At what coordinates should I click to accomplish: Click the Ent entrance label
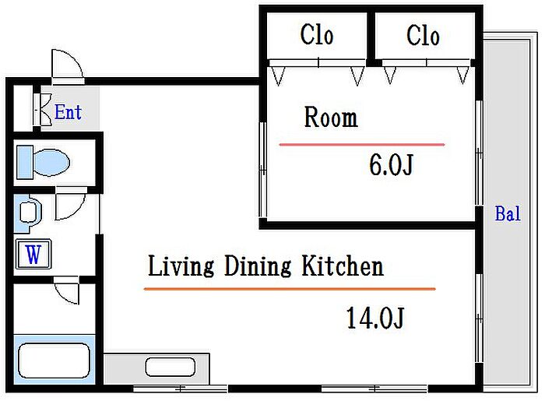(x=69, y=112)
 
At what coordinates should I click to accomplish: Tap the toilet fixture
(x=43, y=163)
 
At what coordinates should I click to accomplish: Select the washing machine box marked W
(x=33, y=254)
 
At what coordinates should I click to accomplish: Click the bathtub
(x=54, y=361)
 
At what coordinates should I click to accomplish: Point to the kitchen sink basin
(x=170, y=367)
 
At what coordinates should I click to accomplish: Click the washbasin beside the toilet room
(x=29, y=213)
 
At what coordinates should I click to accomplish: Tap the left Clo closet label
(x=317, y=35)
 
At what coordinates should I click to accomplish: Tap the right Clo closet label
(x=423, y=36)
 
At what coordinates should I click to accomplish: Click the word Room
(x=331, y=117)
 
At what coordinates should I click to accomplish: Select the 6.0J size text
(x=391, y=164)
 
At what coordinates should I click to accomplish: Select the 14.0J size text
(x=375, y=318)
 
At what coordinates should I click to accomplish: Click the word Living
(x=181, y=266)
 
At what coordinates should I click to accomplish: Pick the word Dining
(x=258, y=266)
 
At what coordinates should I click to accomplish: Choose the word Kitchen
(x=343, y=266)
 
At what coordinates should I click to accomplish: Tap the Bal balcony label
(x=508, y=213)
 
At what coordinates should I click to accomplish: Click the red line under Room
(x=362, y=144)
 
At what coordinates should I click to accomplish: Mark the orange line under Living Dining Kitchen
(x=290, y=289)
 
